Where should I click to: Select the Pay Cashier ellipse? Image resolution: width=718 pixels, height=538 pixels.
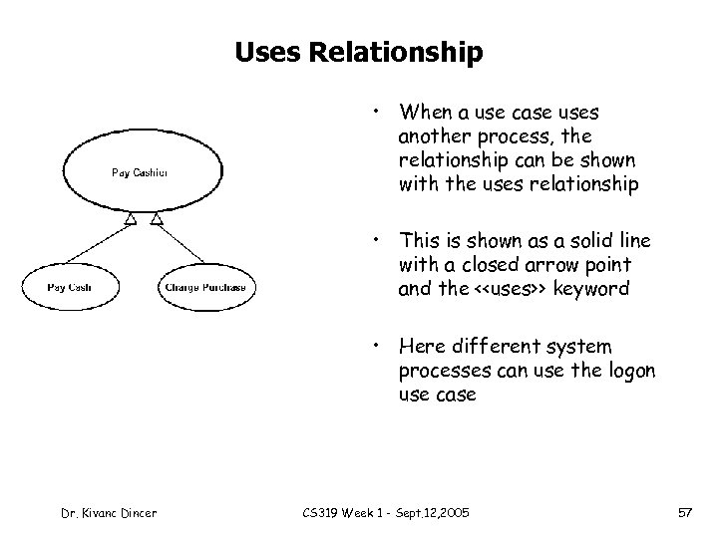(139, 171)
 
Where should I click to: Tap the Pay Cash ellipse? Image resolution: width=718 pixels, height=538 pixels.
(69, 288)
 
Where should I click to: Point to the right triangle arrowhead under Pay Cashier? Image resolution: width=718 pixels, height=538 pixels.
(156, 218)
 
